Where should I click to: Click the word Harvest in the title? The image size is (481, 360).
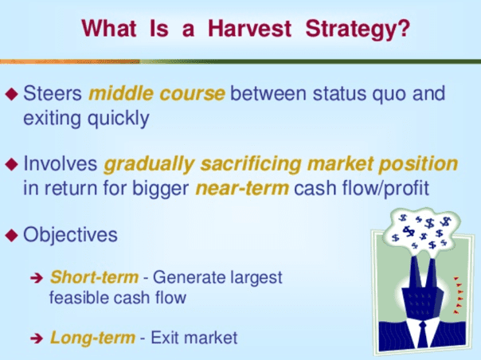(250, 29)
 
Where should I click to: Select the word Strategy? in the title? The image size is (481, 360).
(358, 30)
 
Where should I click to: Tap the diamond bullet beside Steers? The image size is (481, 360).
(12, 94)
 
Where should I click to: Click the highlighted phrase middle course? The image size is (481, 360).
(157, 93)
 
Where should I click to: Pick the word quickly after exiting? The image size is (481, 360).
(119, 119)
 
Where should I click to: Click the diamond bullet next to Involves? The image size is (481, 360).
(12, 164)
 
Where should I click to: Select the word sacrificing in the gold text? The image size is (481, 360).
(251, 165)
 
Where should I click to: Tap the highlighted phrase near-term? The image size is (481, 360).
(242, 189)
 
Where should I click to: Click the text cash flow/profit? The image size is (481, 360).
(362, 189)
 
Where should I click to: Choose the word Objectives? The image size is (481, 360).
(70, 235)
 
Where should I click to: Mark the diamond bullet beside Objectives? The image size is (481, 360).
(12, 235)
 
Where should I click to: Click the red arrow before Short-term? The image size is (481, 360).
(37, 278)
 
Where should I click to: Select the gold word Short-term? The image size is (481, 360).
(94, 277)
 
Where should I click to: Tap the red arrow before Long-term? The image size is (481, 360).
(37, 338)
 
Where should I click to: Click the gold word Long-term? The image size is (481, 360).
(92, 338)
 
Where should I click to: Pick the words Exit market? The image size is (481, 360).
(194, 338)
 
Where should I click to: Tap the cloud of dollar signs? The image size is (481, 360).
(422, 232)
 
